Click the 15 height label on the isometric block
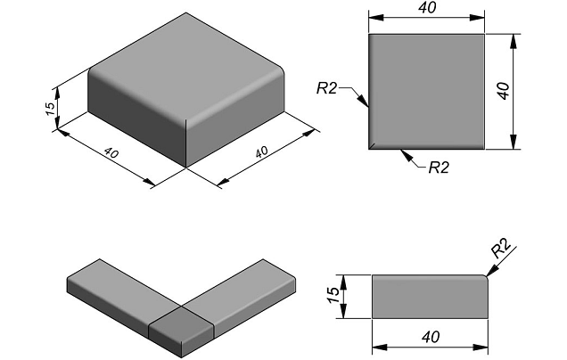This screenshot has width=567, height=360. coord(51,108)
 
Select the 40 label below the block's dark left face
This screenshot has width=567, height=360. coord(111,153)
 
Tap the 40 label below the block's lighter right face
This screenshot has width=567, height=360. coord(262,151)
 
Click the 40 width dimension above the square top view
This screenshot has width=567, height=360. coord(427,8)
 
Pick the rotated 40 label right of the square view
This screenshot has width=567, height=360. coord(503,90)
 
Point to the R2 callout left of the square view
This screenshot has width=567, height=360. coord(326,88)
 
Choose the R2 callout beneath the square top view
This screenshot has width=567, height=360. coord(439,168)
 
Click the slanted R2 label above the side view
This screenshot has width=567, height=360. coord(501,248)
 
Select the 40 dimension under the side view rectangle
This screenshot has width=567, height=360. coord(431,337)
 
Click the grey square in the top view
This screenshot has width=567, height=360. coord(426,92)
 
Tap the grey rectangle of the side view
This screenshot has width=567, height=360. coord(430,297)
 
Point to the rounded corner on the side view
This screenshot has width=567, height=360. coord(486,277)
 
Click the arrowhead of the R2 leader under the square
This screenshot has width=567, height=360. coord(407,155)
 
